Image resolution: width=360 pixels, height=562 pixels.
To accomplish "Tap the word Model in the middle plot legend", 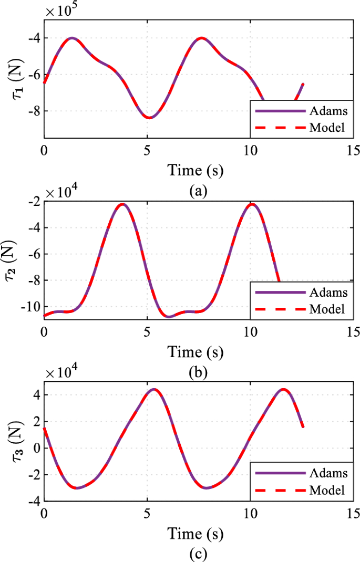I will click(x=327, y=309).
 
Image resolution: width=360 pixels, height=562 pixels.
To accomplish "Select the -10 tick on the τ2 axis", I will click(x=29, y=306).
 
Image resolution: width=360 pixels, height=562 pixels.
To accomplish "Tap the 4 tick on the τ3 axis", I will click(x=36, y=395).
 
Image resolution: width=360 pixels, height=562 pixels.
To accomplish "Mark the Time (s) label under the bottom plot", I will click(x=196, y=534).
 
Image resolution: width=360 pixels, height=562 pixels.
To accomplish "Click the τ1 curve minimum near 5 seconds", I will click(x=150, y=118).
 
